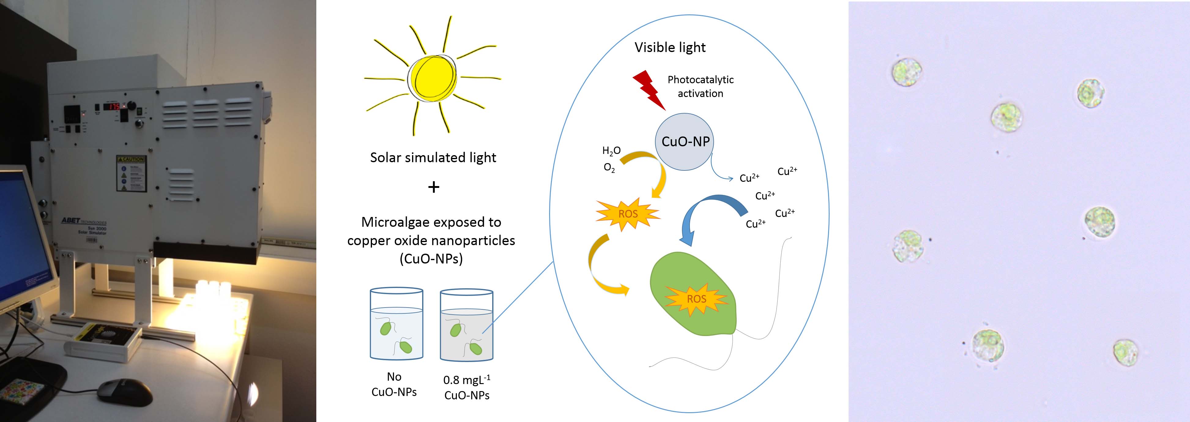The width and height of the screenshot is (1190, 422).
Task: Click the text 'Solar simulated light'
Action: pyautogui.click(x=433, y=158)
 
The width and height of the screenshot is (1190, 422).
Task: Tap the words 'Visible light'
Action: pyautogui.click(x=670, y=48)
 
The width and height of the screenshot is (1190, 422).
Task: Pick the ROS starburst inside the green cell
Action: pyautogui.click(x=696, y=299)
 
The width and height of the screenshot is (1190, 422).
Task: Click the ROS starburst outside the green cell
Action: pyautogui.click(x=628, y=214)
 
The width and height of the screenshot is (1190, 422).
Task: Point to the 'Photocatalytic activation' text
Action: pyautogui.click(x=700, y=86)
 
